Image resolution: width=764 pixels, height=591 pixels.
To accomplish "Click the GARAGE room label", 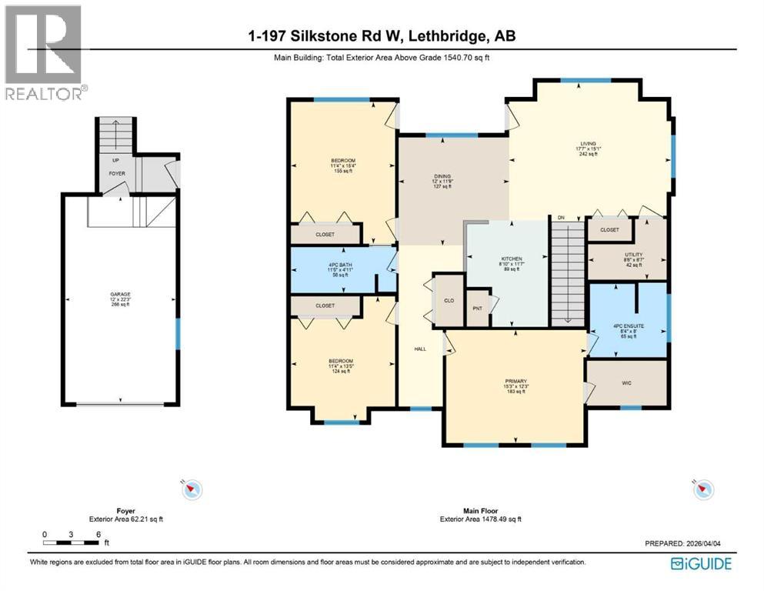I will click(x=118, y=294).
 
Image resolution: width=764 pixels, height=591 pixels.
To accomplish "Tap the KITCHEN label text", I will click(x=512, y=259).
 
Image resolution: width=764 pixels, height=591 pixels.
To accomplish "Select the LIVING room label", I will click(x=589, y=144).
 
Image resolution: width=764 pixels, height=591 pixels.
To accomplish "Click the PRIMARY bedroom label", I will click(x=515, y=379).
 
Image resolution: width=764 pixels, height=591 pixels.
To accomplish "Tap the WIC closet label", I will click(x=626, y=380).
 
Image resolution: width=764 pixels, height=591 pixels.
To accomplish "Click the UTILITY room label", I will click(x=633, y=255).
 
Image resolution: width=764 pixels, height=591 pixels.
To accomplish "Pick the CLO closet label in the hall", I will click(x=447, y=301).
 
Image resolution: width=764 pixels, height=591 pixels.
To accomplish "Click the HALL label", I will click(x=420, y=349).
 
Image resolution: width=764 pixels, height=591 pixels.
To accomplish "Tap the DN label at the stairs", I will click(x=561, y=218).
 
